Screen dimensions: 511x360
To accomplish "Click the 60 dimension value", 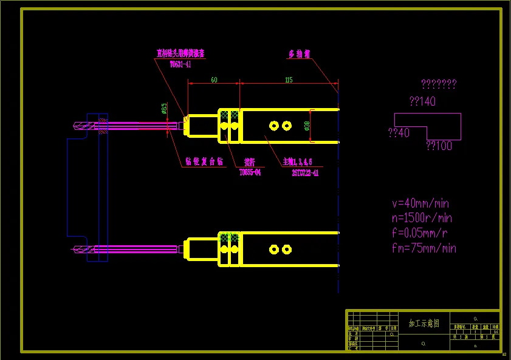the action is (214, 80).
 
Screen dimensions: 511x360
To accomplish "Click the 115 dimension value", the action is (288, 80).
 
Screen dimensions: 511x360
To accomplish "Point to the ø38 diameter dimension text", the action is (307, 126).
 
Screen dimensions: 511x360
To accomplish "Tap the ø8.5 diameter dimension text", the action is (164, 109).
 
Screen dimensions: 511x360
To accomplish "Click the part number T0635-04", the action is (250, 172).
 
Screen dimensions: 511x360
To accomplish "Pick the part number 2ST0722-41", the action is (305, 172).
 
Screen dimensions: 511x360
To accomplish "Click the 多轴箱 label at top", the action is (299, 54).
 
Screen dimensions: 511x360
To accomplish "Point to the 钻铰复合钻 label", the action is (204, 163).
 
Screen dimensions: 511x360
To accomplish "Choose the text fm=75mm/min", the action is (424, 248).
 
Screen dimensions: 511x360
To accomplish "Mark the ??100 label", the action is (439, 146).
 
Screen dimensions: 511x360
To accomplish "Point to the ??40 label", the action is (399, 132).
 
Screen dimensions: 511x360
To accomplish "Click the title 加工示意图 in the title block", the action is (424, 324).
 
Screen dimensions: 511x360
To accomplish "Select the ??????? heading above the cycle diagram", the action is (438, 84).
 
